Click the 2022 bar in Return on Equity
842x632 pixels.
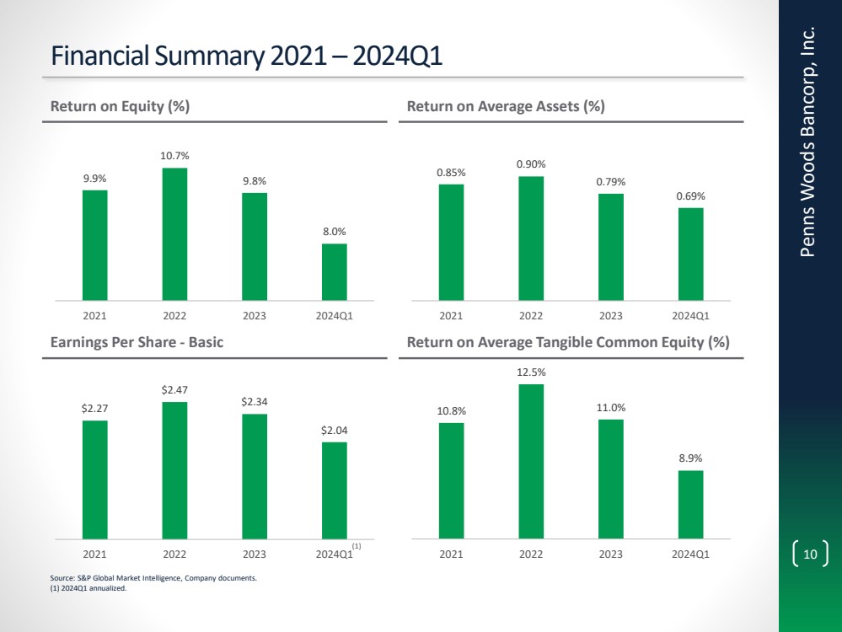coord(174,233)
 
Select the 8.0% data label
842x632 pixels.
coord(334,231)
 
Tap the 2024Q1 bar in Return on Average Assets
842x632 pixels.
coord(690,253)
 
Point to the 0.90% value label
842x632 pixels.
coord(531,163)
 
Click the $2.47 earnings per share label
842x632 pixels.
coord(174,389)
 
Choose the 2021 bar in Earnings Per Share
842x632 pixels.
coord(94,479)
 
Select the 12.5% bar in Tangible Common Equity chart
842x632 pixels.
coord(531,460)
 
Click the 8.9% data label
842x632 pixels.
coord(690,458)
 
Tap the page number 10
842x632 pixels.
coord(811,554)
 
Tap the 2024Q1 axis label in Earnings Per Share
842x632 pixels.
coord(334,554)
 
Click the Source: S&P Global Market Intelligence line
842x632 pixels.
coord(153,579)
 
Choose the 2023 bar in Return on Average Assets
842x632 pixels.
coord(610,246)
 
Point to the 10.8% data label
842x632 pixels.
coord(452,410)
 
